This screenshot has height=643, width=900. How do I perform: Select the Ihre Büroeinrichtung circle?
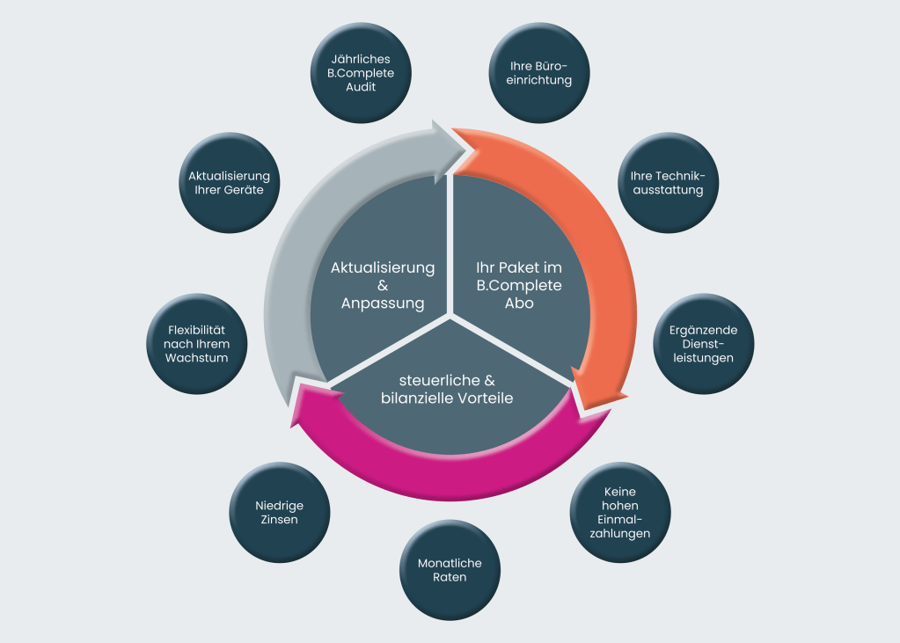point(540,73)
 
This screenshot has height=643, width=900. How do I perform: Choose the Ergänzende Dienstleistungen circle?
point(703,343)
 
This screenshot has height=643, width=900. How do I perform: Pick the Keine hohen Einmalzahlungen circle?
point(620,512)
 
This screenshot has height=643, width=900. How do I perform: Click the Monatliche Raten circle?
point(450,570)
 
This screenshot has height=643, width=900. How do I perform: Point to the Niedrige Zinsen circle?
point(279,512)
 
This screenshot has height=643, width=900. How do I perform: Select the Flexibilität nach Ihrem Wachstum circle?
point(196,343)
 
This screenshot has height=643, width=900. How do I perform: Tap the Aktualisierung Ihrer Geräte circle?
point(229,183)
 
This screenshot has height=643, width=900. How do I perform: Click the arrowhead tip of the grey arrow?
point(466,147)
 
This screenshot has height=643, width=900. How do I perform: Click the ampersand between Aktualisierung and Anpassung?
point(383,285)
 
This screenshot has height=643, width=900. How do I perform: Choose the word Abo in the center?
point(518,303)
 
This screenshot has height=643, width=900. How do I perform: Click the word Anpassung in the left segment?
point(383,303)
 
